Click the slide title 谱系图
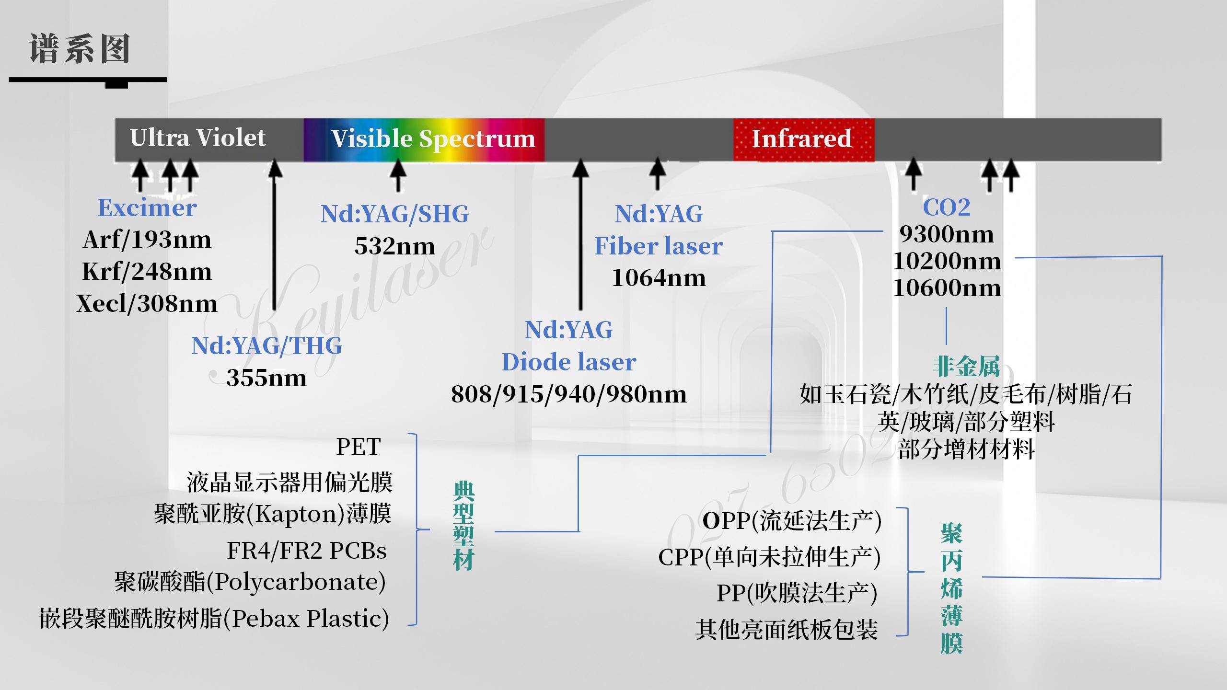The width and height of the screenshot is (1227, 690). (80, 49)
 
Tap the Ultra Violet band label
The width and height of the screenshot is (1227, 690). (197, 138)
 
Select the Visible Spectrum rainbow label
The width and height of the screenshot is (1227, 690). (433, 139)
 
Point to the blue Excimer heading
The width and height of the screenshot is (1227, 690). (147, 208)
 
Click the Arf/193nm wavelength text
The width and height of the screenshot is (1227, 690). (147, 240)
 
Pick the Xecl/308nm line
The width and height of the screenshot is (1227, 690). (147, 304)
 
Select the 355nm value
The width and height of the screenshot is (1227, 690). (266, 378)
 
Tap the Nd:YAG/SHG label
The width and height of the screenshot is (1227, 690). (394, 214)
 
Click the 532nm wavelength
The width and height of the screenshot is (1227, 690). (394, 246)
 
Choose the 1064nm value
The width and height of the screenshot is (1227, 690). (659, 278)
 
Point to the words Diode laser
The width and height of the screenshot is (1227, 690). (569, 362)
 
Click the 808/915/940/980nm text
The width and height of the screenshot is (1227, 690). (569, 394)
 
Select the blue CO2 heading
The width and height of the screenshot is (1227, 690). (947, 207)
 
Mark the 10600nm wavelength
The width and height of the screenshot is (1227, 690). (947, 288)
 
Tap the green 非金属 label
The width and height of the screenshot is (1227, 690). (966, 367)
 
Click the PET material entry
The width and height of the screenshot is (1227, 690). (359, 447)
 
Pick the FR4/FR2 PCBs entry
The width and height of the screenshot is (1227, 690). (307, 551)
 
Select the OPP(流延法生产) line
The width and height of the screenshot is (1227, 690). (792, 521)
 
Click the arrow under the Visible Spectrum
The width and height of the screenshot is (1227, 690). (398, 175)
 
